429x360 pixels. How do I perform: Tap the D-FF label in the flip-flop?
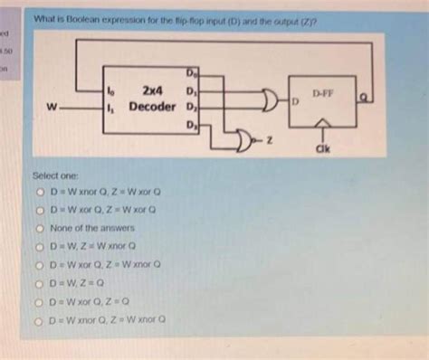323,92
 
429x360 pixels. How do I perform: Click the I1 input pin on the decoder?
110,107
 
